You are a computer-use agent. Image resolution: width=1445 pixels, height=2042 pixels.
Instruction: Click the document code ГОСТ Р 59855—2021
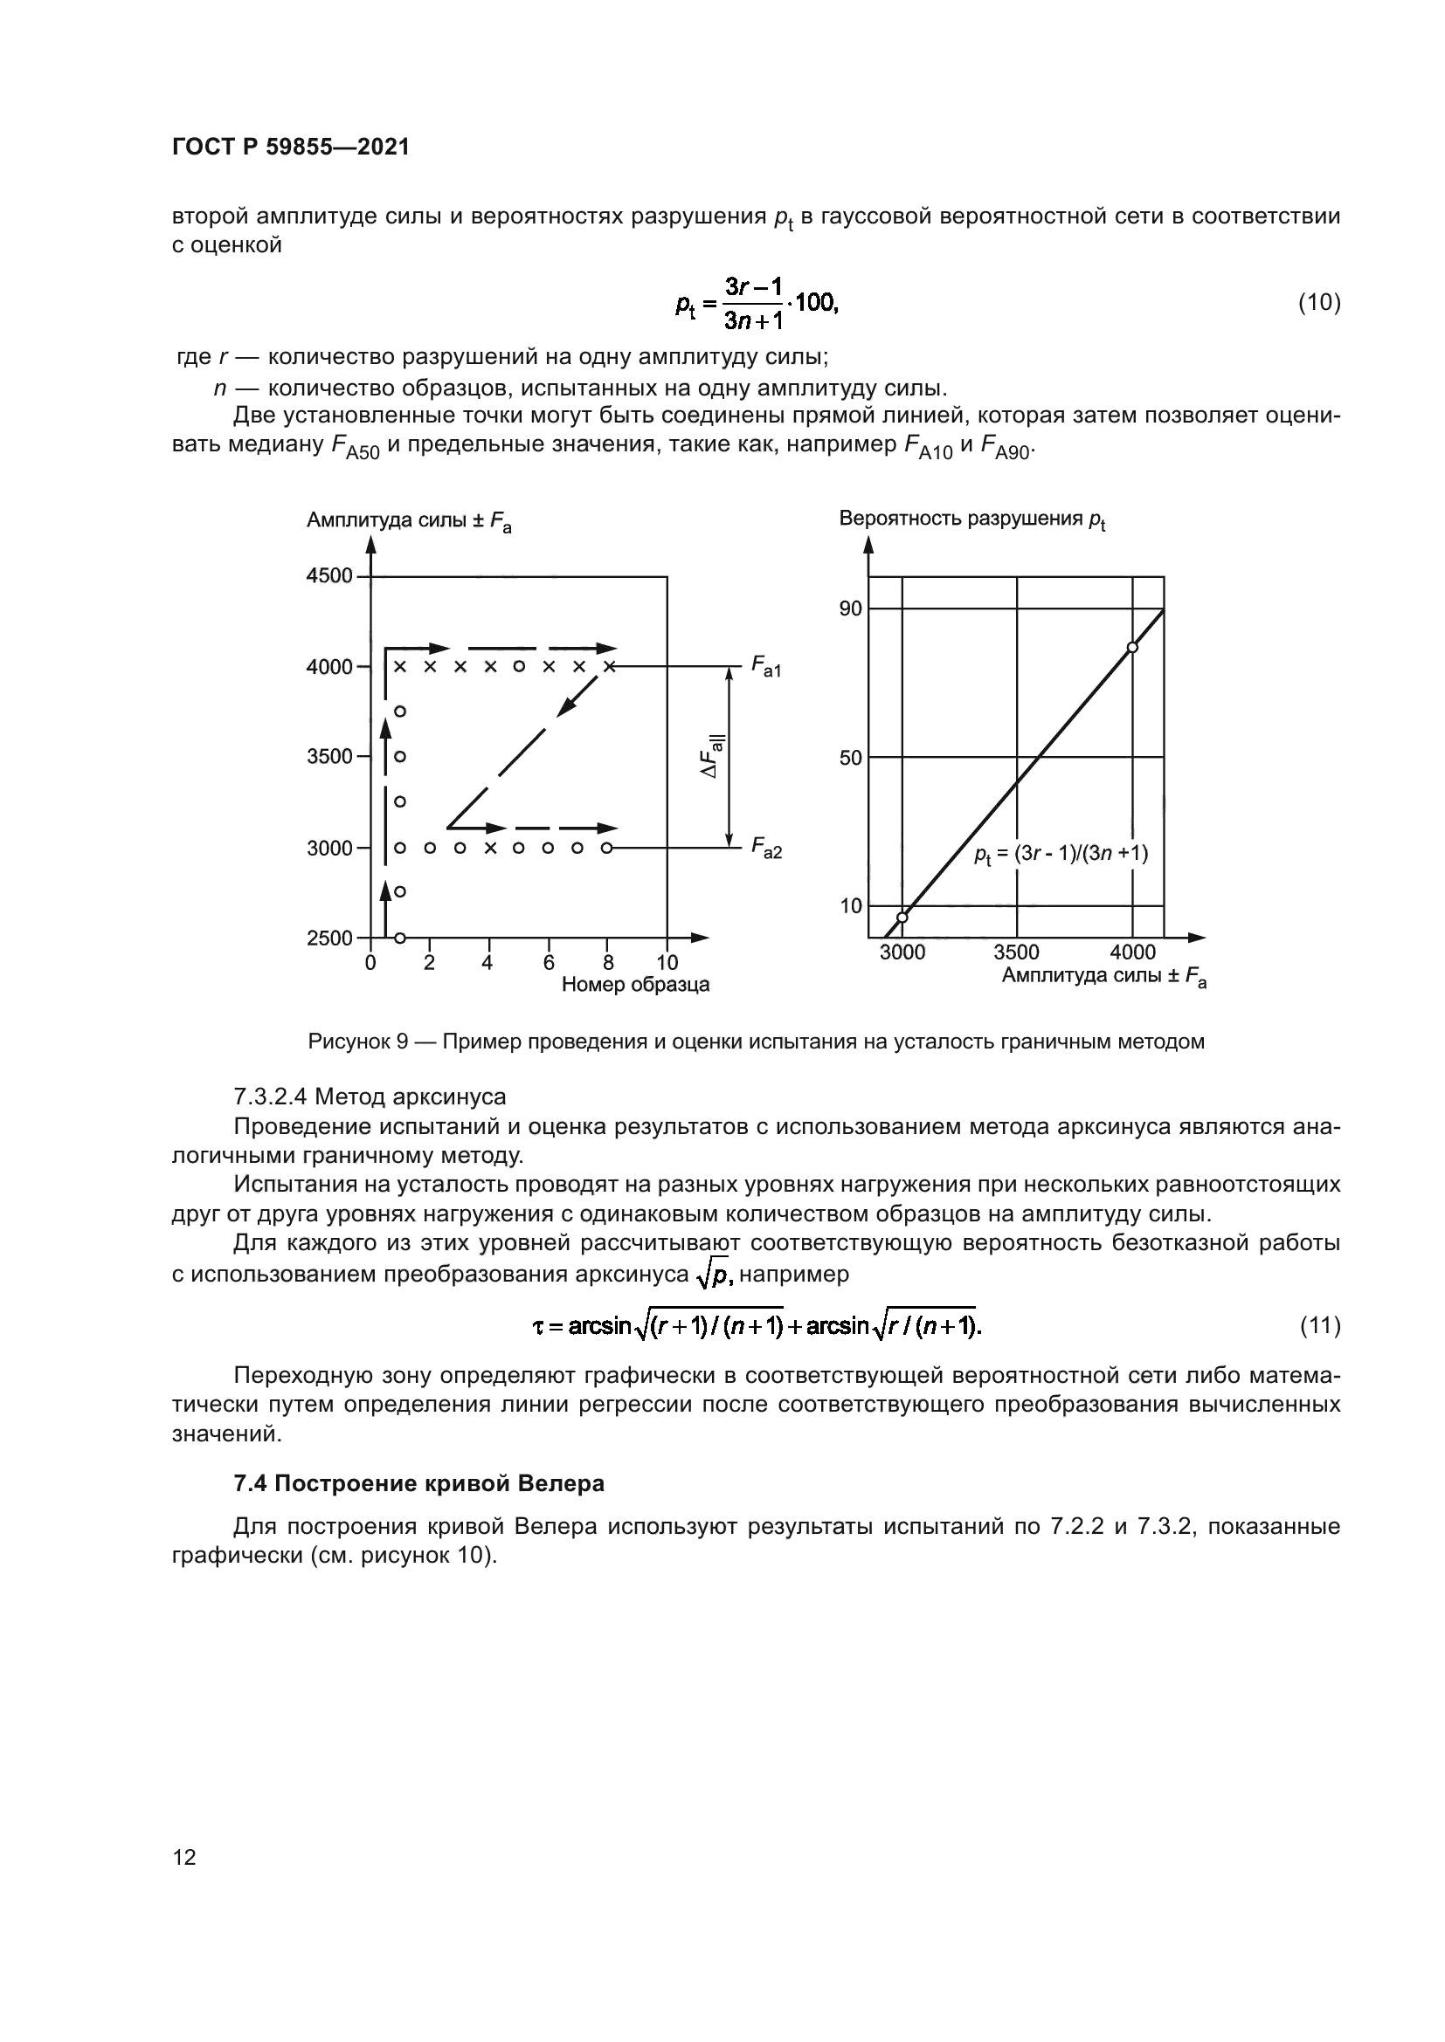click(291, 148)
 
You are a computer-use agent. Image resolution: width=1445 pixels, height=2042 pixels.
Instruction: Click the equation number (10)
click(1319, 303)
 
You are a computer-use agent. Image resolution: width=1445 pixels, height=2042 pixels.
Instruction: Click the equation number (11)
click(1319, 1326)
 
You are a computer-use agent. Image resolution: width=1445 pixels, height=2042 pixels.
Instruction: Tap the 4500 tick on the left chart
click(330, 576)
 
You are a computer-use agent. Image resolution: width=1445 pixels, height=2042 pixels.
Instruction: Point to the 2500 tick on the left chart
click(330, 938)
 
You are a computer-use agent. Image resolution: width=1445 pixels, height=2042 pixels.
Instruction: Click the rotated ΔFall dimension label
click(713, 757)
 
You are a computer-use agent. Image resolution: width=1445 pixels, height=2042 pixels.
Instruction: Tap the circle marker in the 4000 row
click(519, 666)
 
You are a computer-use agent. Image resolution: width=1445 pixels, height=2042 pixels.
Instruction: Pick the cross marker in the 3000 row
click(489, 848)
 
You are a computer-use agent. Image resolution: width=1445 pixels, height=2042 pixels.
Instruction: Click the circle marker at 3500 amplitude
click(400, 756)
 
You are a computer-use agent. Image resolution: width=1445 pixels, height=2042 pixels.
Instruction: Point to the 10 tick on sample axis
click(667, 962)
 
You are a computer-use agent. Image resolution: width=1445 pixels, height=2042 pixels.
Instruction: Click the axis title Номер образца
click(635, 985)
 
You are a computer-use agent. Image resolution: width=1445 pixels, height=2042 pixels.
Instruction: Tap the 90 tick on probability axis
click(851, 608)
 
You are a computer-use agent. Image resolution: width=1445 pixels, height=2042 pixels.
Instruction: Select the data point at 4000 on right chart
click(1133, 648)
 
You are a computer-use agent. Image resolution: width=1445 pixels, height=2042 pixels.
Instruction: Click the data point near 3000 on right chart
click(902, 917)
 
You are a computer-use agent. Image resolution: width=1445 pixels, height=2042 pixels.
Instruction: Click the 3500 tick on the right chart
click(1016, 952)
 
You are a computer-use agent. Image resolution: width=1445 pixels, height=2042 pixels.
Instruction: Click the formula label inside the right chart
click(1061, 855)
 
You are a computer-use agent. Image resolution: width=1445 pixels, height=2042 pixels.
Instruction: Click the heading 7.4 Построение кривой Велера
click(419, 1483)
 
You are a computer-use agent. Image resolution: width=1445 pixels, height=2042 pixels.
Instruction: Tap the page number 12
click(184, 1857)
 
